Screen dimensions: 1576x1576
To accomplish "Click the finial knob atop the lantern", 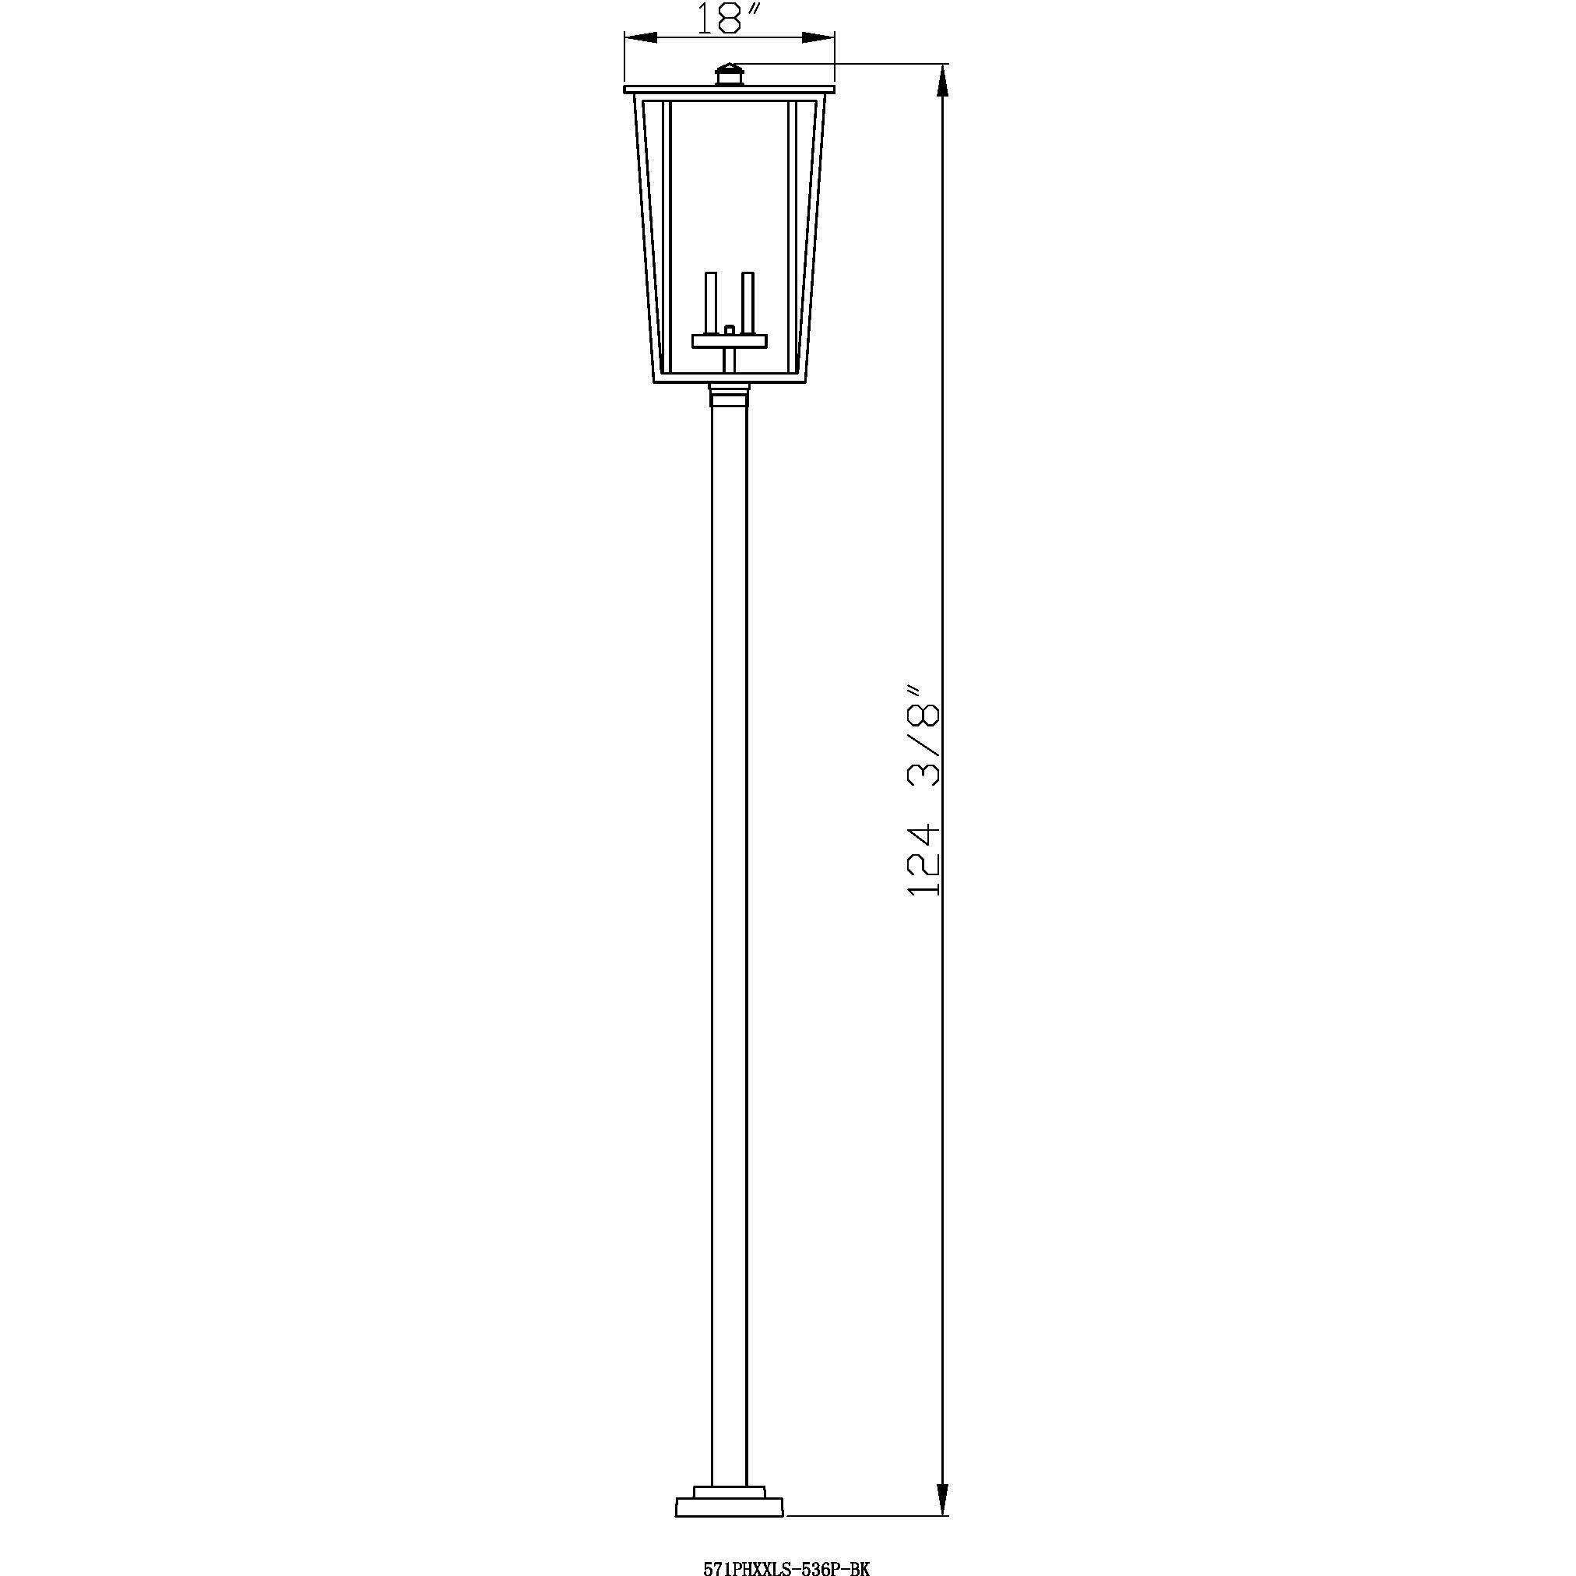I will point(730,75).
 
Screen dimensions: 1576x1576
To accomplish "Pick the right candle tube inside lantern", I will point(748,302).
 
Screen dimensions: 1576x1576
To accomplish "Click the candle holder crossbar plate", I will point(730,341).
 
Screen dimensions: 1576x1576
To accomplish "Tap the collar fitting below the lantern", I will point(730,396).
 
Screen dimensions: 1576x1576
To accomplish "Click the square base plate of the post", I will point(730,1529).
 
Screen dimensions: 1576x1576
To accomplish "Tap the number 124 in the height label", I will point(923,861).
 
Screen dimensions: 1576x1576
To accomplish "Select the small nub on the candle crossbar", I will point(730,329).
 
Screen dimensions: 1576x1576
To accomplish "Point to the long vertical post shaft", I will point(730,897).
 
